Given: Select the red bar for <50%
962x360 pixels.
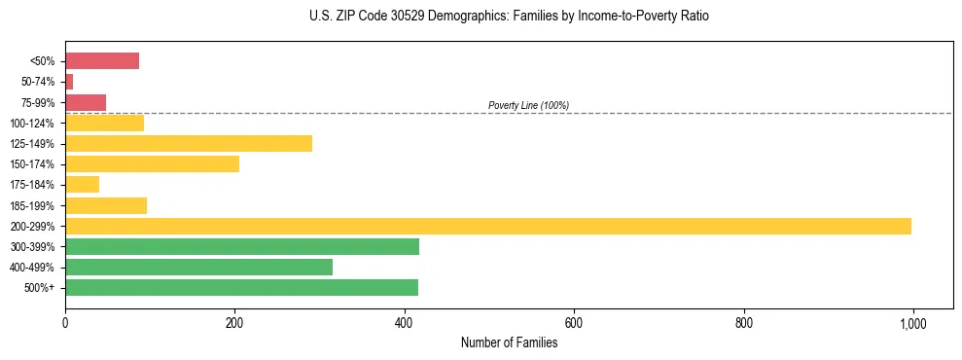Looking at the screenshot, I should click(x=102, y=61).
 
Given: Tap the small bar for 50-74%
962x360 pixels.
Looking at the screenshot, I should click(x=69, y=82).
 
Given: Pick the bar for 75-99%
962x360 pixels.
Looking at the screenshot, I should click(x=86, y=102).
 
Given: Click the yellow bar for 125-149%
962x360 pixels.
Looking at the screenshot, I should click(x=189, y=144).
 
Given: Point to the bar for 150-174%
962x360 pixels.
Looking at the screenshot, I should click(x=152, y=164).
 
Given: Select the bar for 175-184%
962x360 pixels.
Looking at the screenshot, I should click(x=82, y=185).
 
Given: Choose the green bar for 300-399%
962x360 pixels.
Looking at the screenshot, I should click(x=242, y=246).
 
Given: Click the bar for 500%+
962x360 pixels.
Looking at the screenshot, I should click(x=241, y=287).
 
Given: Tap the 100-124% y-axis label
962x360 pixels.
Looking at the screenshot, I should click(x=32, y=124).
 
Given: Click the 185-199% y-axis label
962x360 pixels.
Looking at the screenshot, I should click(x=32, y=205).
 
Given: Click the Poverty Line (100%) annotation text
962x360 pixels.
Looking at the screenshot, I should click(x=528, y=105).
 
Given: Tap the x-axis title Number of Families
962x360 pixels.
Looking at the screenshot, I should click(x=509, y=342).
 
